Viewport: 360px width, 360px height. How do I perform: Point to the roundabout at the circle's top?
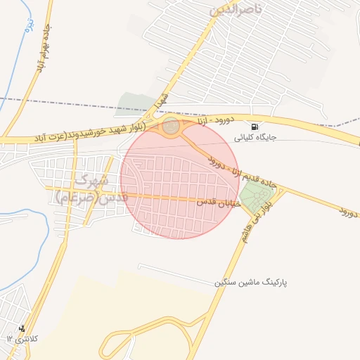[x=171, y=127]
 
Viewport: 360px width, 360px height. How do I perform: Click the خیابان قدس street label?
[x=218, y=202]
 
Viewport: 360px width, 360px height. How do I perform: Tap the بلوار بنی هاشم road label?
[x=256, y=223]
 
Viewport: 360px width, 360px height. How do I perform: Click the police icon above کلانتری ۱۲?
[x=22, y=328]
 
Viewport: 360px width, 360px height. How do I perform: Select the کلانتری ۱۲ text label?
[x=23, y=339]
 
